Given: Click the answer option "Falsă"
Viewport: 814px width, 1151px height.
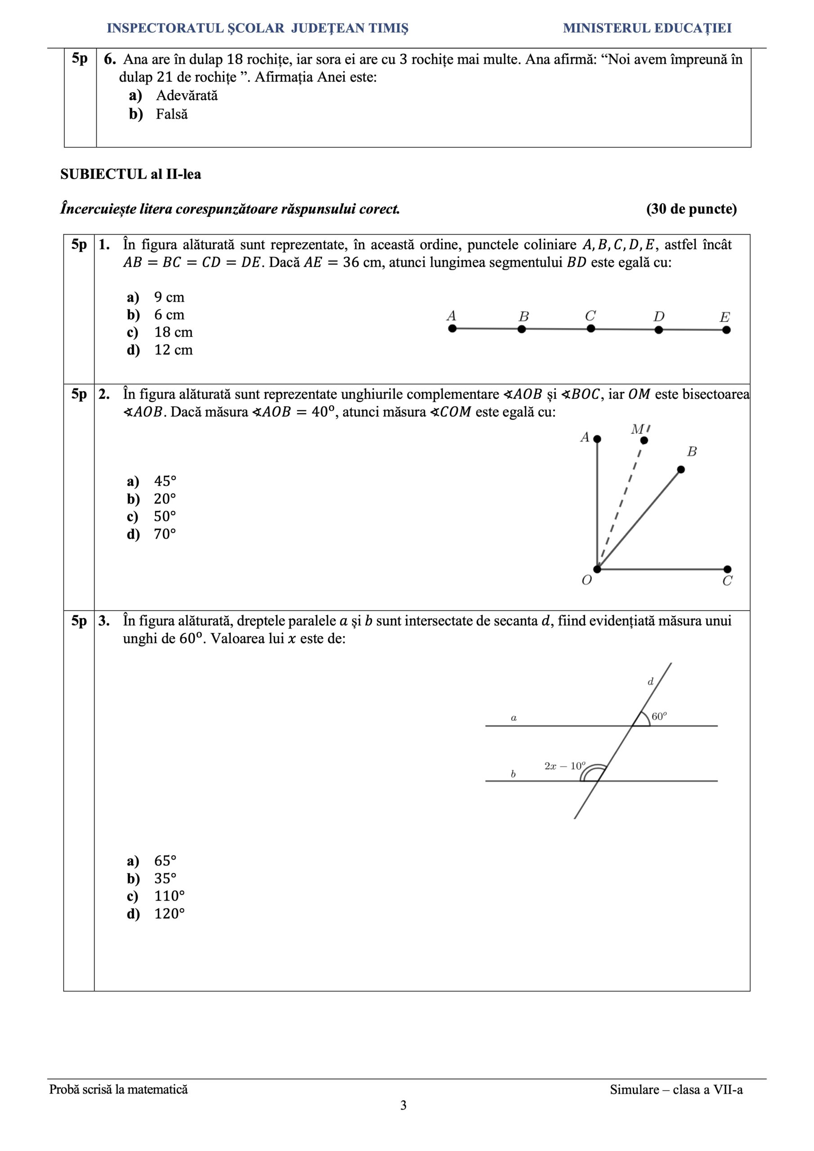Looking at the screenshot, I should (171, 114).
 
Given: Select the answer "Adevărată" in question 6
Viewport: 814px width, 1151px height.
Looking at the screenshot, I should (187, 96).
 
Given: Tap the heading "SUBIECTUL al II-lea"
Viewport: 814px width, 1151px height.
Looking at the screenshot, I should (130, 174).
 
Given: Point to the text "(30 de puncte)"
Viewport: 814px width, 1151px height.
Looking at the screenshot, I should (691, 209).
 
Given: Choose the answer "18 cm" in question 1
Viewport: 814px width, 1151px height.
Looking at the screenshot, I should (173, 332).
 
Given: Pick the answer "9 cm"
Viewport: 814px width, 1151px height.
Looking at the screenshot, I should (169, 297).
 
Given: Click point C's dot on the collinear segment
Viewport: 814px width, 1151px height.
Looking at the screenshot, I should (591, 328).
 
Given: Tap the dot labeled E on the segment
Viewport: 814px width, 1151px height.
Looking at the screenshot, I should (726, 330).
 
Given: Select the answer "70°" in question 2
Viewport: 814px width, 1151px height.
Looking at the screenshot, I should (165, 534).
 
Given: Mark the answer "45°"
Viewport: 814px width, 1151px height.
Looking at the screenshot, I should (165, 481).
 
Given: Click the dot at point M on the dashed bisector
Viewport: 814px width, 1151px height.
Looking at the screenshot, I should (644, 440).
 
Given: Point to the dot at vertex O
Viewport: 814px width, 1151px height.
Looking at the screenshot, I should (597, 569).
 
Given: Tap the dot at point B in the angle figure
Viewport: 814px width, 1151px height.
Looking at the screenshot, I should (680, 469).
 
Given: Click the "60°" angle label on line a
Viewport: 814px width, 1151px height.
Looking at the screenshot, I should (659, 717).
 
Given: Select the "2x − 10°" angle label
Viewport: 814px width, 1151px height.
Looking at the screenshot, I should (565, 766).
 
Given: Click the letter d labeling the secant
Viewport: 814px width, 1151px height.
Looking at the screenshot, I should (650, 682).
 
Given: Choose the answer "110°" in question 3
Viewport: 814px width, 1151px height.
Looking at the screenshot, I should (169, 896).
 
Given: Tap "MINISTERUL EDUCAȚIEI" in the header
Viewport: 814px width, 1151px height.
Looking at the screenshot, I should (647, 28).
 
